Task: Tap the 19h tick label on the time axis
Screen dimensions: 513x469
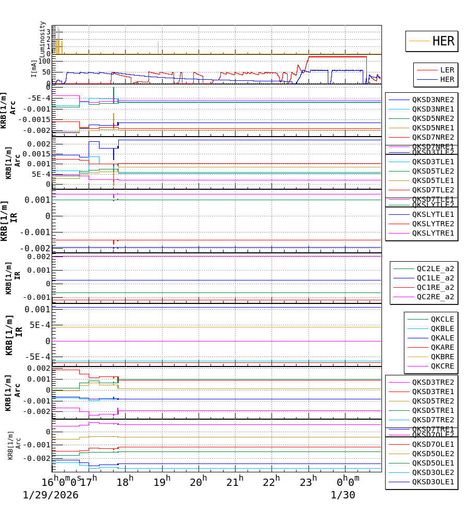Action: pyautogui.click(x=162, y=482)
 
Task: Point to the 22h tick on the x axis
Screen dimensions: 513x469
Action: pyautogui.click(x=271, y=482)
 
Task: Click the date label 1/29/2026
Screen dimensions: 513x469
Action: pyautogui.click(x=51, y=495)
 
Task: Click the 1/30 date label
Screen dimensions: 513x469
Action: pyautogui.click(x=343, y=495)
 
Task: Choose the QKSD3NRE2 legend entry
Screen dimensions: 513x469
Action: pyautogui.click(x=433, y=100)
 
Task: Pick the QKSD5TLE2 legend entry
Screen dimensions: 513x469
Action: pyautogui.click(x=433, y=171)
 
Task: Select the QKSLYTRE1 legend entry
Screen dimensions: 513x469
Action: pyautogui.click(x=433, y=233)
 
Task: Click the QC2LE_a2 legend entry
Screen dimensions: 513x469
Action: pyautogui.click(x=435, y=268)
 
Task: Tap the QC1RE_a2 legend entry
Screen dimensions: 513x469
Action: pyautogui.click(x=435, y=287)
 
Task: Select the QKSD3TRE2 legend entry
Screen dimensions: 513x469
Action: pyautogui.click(x=433, y=382)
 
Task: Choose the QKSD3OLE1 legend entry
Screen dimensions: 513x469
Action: pyautogui.click(x=433, y=482)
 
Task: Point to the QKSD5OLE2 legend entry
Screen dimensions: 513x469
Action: pyautogui.click(x=433, y=454)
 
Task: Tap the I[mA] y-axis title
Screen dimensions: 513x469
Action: pyautogui.click(x=35, y=68)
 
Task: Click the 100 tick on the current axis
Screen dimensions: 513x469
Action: pyautogui.click(x=44, y=61)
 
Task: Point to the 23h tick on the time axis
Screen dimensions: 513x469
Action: pyautogui.click(x=308, y=482)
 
